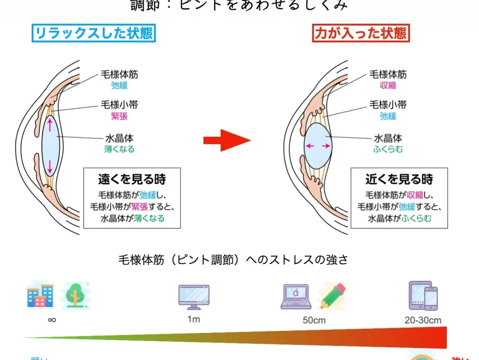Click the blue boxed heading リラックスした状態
coord(94,34)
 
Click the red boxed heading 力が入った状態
coord(361,34)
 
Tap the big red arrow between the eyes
coord(227,140)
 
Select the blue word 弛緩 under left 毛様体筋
coord(119,85)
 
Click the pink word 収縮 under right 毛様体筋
coord(388,85)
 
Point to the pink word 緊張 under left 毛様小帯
coord(119,117)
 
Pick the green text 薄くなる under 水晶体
coord(119,149)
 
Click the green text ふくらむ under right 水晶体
coord(388,149)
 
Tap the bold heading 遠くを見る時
coord(132,180)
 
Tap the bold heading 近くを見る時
coord(399,180)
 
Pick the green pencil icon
coord(332,296)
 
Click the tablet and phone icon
coord(423,296)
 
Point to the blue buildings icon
coord(40,296)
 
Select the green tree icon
coord(75,295)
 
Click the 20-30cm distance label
coord(423,320)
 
